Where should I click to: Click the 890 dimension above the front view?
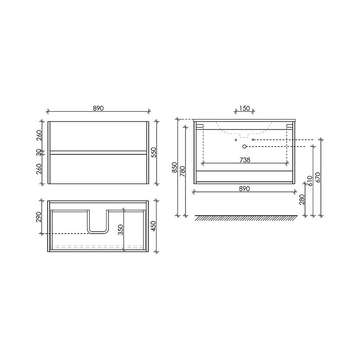click(x=98, y=108)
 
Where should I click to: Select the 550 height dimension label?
click(x=154, y=153)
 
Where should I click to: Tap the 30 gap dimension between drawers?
click(x=39, y=153)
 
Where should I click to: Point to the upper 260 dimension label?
click(x=39, y=135)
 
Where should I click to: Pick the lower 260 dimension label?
click(x=39, y=169)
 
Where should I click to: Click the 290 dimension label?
click(x=39, y=217)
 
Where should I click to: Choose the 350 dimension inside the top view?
click(x=121, y=229)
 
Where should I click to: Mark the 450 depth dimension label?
click(x=154, y=226)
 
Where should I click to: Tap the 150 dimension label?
click(x=244, y=108)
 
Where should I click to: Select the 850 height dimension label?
click(x=175, y=167)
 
